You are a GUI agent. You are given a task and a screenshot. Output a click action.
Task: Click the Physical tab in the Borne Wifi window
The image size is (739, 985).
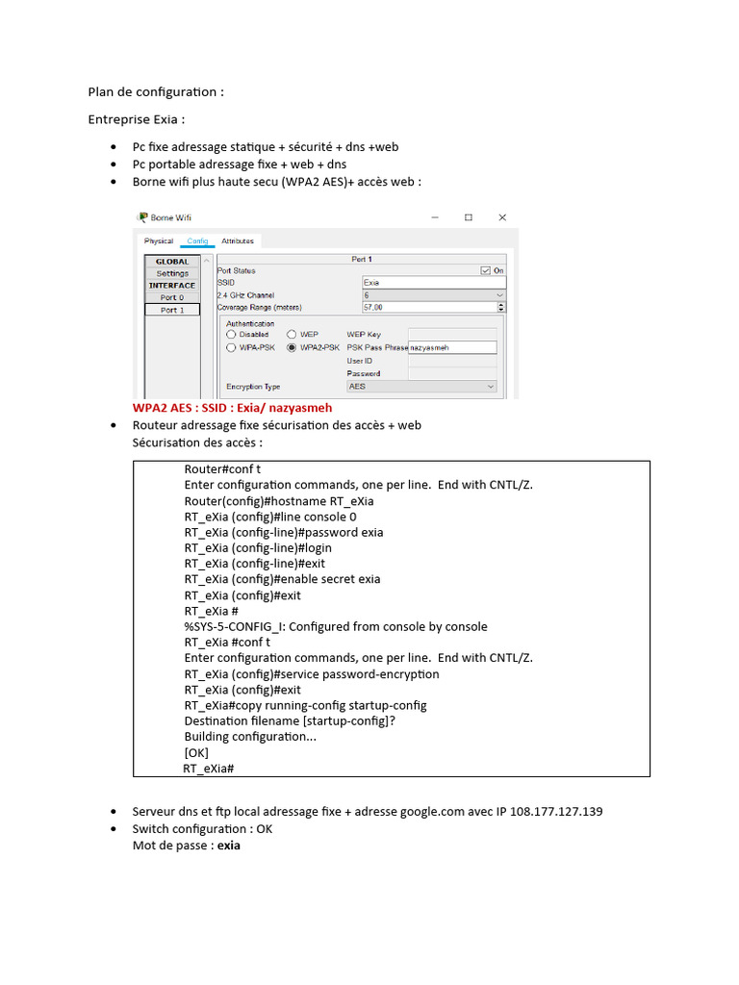pyautogui.click(x=159, y=241)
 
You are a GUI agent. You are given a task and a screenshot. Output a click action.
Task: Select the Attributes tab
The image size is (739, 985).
pyautogui.click(x=238, y=241)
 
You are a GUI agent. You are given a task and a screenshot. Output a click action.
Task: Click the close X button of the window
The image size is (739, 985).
pyautogui.click(x=502, y=217)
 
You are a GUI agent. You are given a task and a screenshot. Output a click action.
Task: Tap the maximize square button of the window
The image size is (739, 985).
pyautogui.click(x=469, y=217)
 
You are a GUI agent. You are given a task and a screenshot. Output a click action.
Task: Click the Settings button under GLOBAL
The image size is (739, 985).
pyautogui.click(x=172, y=273)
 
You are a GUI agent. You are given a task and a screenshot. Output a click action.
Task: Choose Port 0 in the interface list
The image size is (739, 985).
pyautogui.click(x=172, y=297)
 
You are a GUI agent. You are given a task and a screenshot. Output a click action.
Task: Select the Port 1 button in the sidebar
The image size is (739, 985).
pyautogui.click(x=172, y=310)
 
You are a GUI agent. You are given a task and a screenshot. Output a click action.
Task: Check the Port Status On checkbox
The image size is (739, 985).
pyautogui.click(x=486, y=271)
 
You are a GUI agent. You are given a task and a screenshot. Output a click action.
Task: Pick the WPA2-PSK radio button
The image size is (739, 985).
pyautogui.click(x=293, y=348)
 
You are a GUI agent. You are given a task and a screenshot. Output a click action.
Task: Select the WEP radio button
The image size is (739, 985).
pyautogui.click(x=293, y=335)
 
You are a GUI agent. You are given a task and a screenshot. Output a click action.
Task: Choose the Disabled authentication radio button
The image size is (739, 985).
pyautogui.click(x=231, y=335)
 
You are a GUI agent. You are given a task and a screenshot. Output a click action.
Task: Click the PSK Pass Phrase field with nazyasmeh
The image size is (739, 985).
pyautogui.click(x=452, y=348)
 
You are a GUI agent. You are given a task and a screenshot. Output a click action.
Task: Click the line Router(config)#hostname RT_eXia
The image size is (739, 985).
pyautogui.click(x=279, y=501)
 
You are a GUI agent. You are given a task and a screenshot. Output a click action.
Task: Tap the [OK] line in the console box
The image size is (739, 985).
pyautogui.click(x=196, y=752)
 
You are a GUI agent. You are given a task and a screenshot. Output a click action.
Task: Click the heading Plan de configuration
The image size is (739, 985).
pyautogui.click(x=156, y=92)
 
